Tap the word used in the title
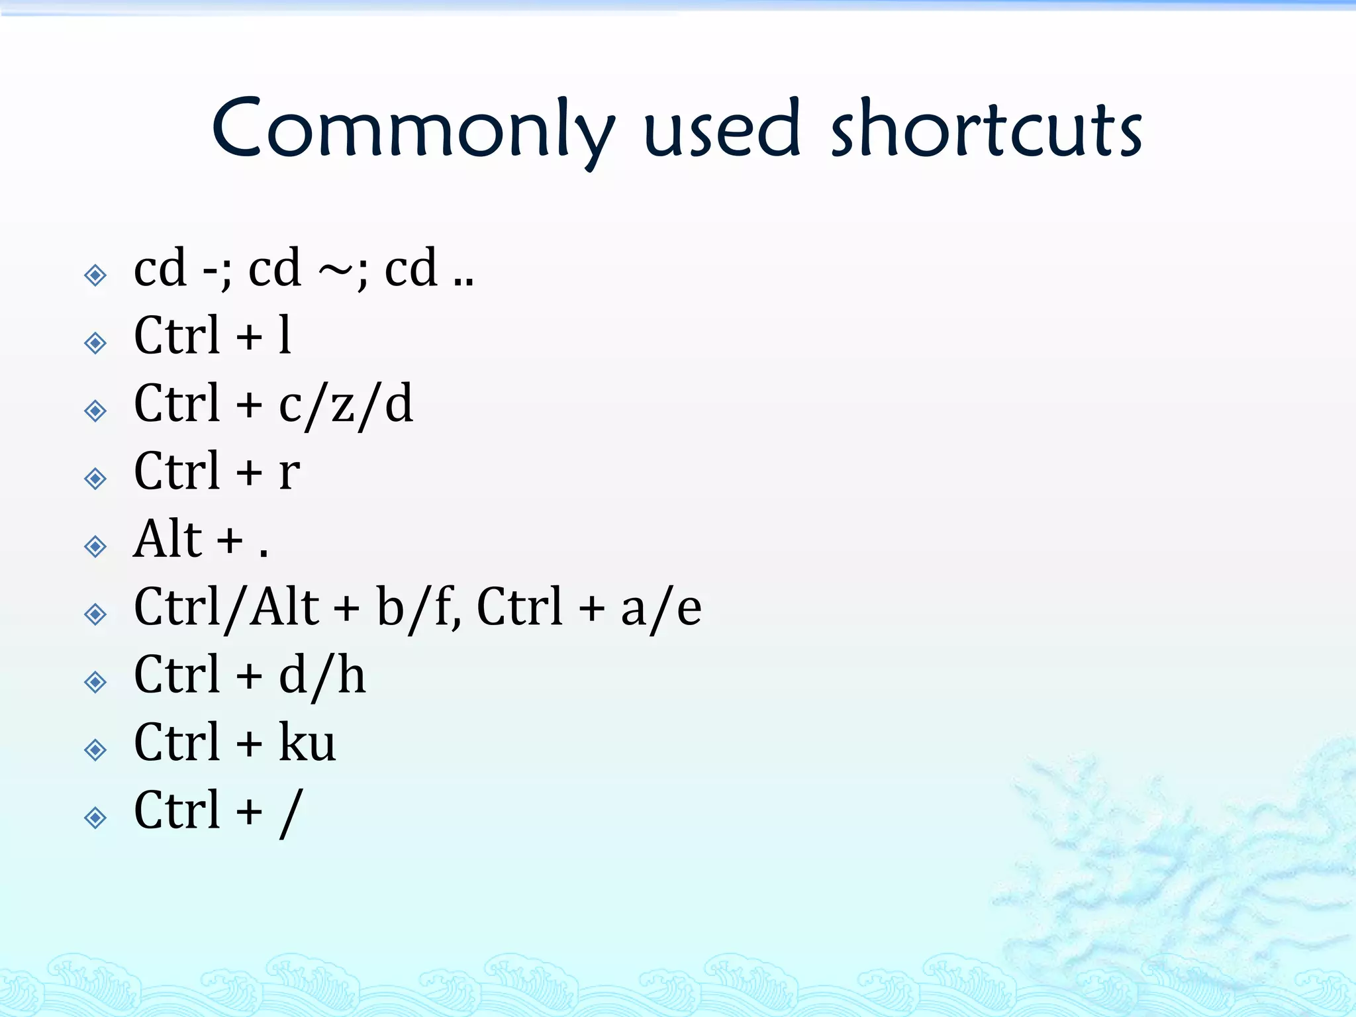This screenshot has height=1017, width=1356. click(x=722, y=129)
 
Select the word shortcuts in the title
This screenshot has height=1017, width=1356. click(x=986, y=129)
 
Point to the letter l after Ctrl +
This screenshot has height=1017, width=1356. click(x=285, y=335)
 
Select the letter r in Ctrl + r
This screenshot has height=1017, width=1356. click(x=289, y=473)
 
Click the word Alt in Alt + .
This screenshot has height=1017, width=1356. click(x=168, y=539)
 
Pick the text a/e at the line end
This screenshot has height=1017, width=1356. click(x=661, y=608)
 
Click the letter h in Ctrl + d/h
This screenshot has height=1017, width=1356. click(x=352, y=676)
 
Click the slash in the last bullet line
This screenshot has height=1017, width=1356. click(x=291, y=813)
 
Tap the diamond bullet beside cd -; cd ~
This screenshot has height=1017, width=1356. click(x=95, y=275)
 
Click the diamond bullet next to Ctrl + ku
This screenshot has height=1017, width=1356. click(x=95, y=750)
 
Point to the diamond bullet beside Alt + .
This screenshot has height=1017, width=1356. click(x=95, y=546)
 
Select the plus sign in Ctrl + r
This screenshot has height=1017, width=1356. click(x=250, y=473)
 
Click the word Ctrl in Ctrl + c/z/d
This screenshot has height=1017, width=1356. click(x=176, y=404)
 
